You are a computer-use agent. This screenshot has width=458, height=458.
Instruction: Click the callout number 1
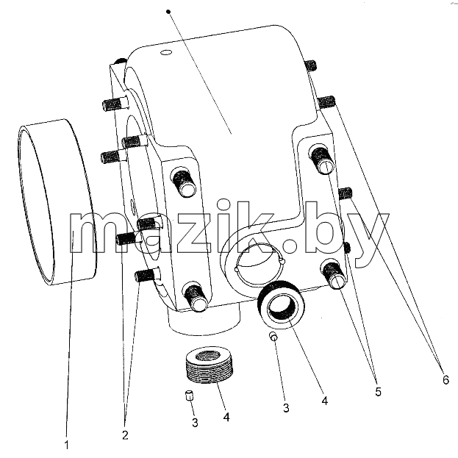(67, 446)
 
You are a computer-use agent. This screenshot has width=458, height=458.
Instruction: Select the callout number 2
(125, 435)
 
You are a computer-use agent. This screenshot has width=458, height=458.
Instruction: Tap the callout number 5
(378, 392)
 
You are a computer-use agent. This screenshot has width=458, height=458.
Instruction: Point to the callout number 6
(446, 380)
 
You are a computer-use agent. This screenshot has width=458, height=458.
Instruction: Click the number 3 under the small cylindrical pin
(195, 423)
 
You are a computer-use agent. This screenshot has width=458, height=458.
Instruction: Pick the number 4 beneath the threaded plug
(226, 417)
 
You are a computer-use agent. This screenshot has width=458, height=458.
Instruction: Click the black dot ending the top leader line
(168, 12)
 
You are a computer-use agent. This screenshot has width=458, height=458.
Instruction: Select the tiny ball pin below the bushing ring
(273, 336)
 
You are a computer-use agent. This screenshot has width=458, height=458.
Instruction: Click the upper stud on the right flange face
(321, 160)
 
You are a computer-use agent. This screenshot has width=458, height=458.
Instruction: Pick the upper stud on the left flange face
(184, 182)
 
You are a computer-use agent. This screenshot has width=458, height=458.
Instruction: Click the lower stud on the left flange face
(195, 297)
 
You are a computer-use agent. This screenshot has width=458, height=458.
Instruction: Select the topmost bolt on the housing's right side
(311, 65)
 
